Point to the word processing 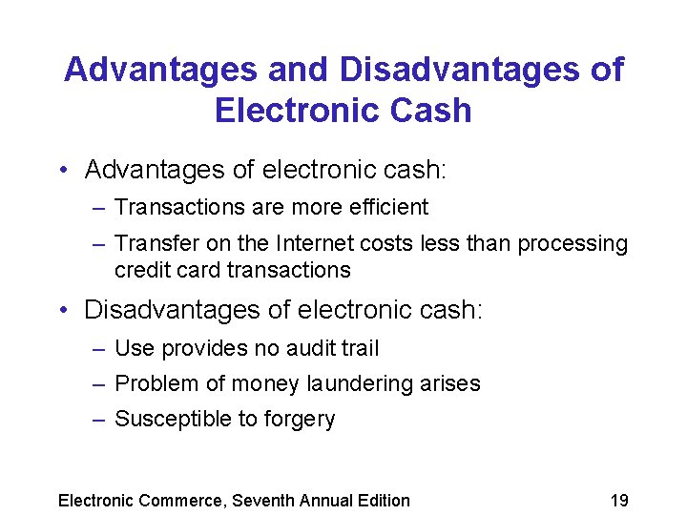pos(572,245)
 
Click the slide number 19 pos(619,500)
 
